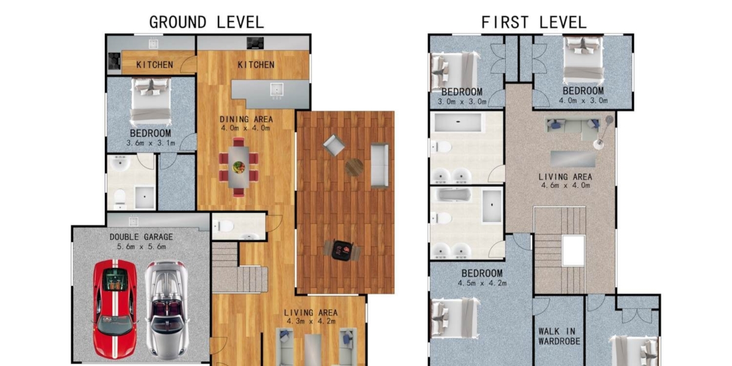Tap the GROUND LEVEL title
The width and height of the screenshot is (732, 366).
206,23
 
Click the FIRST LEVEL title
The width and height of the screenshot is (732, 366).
534,23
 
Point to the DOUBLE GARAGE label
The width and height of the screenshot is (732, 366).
141,237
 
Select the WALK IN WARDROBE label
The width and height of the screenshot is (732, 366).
559,337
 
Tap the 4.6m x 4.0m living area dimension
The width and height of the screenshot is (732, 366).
565,186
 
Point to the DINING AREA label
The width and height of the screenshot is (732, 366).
246,119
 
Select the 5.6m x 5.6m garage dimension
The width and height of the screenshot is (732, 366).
141,246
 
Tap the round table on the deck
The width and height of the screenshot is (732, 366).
354,167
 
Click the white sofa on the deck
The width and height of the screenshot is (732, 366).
379,165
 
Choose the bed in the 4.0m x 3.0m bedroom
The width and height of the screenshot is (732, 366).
583,59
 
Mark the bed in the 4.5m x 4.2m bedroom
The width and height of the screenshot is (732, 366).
454,318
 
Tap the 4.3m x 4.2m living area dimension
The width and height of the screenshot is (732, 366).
310,321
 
